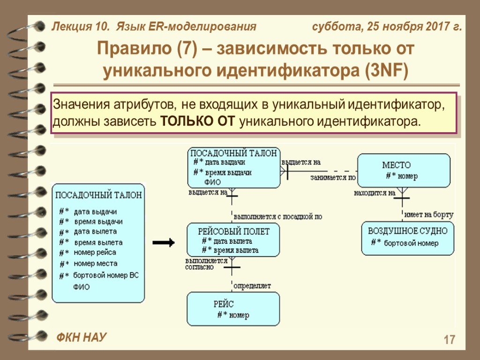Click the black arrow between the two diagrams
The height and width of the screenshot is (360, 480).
pyautogui.click(x=164, y=243)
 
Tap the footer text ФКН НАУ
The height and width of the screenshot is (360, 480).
pyautogui.click(x=82, y=337)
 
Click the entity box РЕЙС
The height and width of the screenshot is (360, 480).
pyautogui.click(x=233, y=308)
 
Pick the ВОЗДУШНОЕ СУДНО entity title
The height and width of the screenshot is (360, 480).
pyautogui.click(x=407, y=231)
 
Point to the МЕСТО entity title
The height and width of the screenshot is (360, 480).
pyautogui.click(x=397, y=165)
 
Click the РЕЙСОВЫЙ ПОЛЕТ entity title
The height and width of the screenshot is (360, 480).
pyautogui.click(x=233, y=231)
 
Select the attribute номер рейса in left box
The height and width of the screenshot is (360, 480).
pyautogui.click(x=95, y=253)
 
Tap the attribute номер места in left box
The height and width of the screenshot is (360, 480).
pyautogui.click(x=96, y=263)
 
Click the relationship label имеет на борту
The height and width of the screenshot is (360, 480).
pyautogui.click(x=428, y=215)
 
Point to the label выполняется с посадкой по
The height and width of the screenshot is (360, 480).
pyautogui.click(x=277, y=217)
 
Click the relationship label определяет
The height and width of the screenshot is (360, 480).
pyautogui.click(x=252, y=285)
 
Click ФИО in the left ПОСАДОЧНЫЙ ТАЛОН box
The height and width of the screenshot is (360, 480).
pyautogui.click(x=81, y=286)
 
